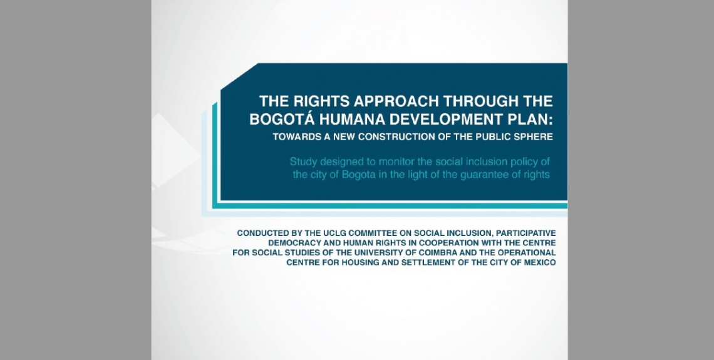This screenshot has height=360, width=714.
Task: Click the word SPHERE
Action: tap(535, 137)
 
